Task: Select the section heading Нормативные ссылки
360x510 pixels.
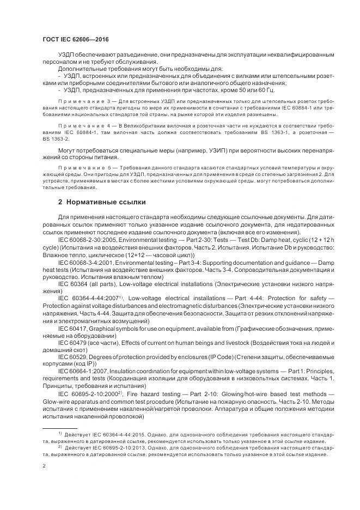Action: [x=102, y=202]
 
